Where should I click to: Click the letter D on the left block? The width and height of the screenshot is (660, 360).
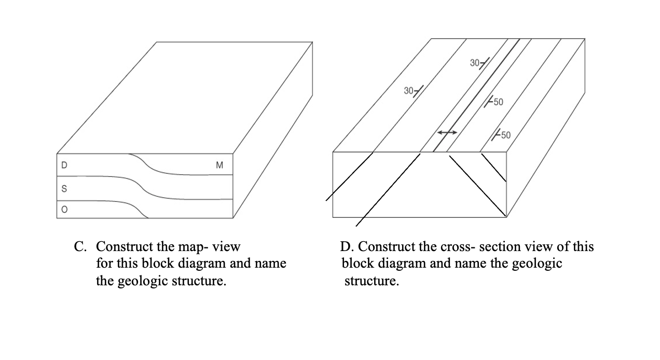tap(64, 165)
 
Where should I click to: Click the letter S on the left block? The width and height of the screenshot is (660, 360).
tap(64, 189)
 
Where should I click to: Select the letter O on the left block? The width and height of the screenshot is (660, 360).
tap(64, 209)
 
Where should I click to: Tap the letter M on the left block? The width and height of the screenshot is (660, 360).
tap(219, 165)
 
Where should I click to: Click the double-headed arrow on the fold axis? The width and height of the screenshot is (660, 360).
tap(447, 133)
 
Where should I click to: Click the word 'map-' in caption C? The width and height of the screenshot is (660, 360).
tap(194, 246)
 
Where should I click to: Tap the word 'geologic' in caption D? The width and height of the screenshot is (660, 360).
tap(537, 264)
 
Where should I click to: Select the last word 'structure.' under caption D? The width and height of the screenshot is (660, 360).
tap(372, 282)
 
